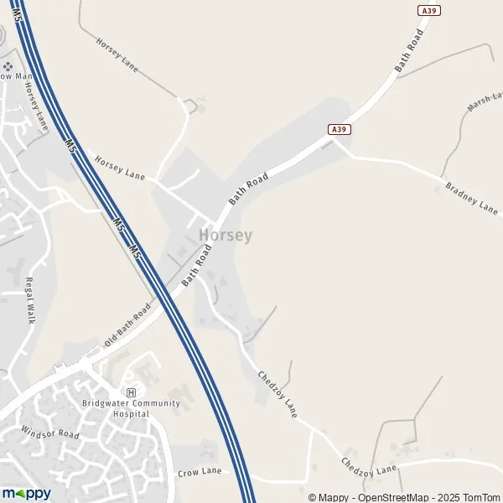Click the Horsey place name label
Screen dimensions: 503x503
[226, 236]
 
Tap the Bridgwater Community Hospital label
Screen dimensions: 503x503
[131, 408]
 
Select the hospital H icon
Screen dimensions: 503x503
[130, 392]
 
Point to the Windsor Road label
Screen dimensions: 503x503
[49, 434]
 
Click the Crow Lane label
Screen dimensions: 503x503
[200, 472]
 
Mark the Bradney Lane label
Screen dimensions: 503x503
[472, 198]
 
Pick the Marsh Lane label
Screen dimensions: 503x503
[485, 103]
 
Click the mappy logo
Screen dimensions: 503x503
[26, 493]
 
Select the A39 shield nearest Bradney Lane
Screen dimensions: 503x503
[338, 129]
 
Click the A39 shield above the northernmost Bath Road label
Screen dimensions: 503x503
[428, 9]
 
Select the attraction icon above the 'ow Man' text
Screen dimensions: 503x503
[8, 65]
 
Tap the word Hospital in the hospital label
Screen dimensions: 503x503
[131, 413]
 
